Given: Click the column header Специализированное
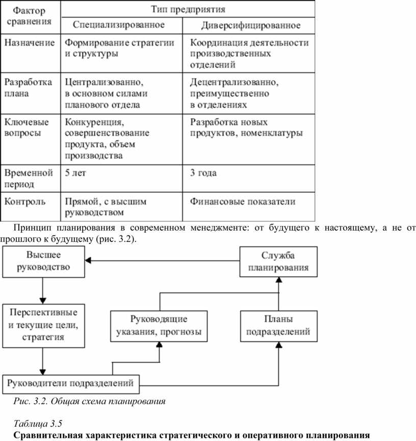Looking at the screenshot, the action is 119,24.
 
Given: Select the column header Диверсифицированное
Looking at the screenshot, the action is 251,26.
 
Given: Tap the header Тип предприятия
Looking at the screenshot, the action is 188,9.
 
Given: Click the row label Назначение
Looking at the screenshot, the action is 30,42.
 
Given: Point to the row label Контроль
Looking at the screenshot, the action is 24,202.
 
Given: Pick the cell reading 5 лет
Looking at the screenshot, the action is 75,173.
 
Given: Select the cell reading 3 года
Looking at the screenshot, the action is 203,173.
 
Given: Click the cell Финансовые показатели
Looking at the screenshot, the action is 243,202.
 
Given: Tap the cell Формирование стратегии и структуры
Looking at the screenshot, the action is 119,48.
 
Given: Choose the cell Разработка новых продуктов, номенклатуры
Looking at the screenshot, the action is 246,128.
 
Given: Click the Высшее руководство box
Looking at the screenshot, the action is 43,261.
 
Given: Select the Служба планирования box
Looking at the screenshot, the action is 278,262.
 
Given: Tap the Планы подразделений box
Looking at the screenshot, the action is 279,326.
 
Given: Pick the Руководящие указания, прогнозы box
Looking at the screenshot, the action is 159,326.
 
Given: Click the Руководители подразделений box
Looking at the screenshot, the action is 71,384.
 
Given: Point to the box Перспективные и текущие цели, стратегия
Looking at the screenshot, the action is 43,326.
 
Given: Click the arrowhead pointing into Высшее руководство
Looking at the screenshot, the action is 88,261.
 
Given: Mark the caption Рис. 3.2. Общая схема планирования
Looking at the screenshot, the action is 89,401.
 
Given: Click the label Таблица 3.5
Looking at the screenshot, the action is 38,423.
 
